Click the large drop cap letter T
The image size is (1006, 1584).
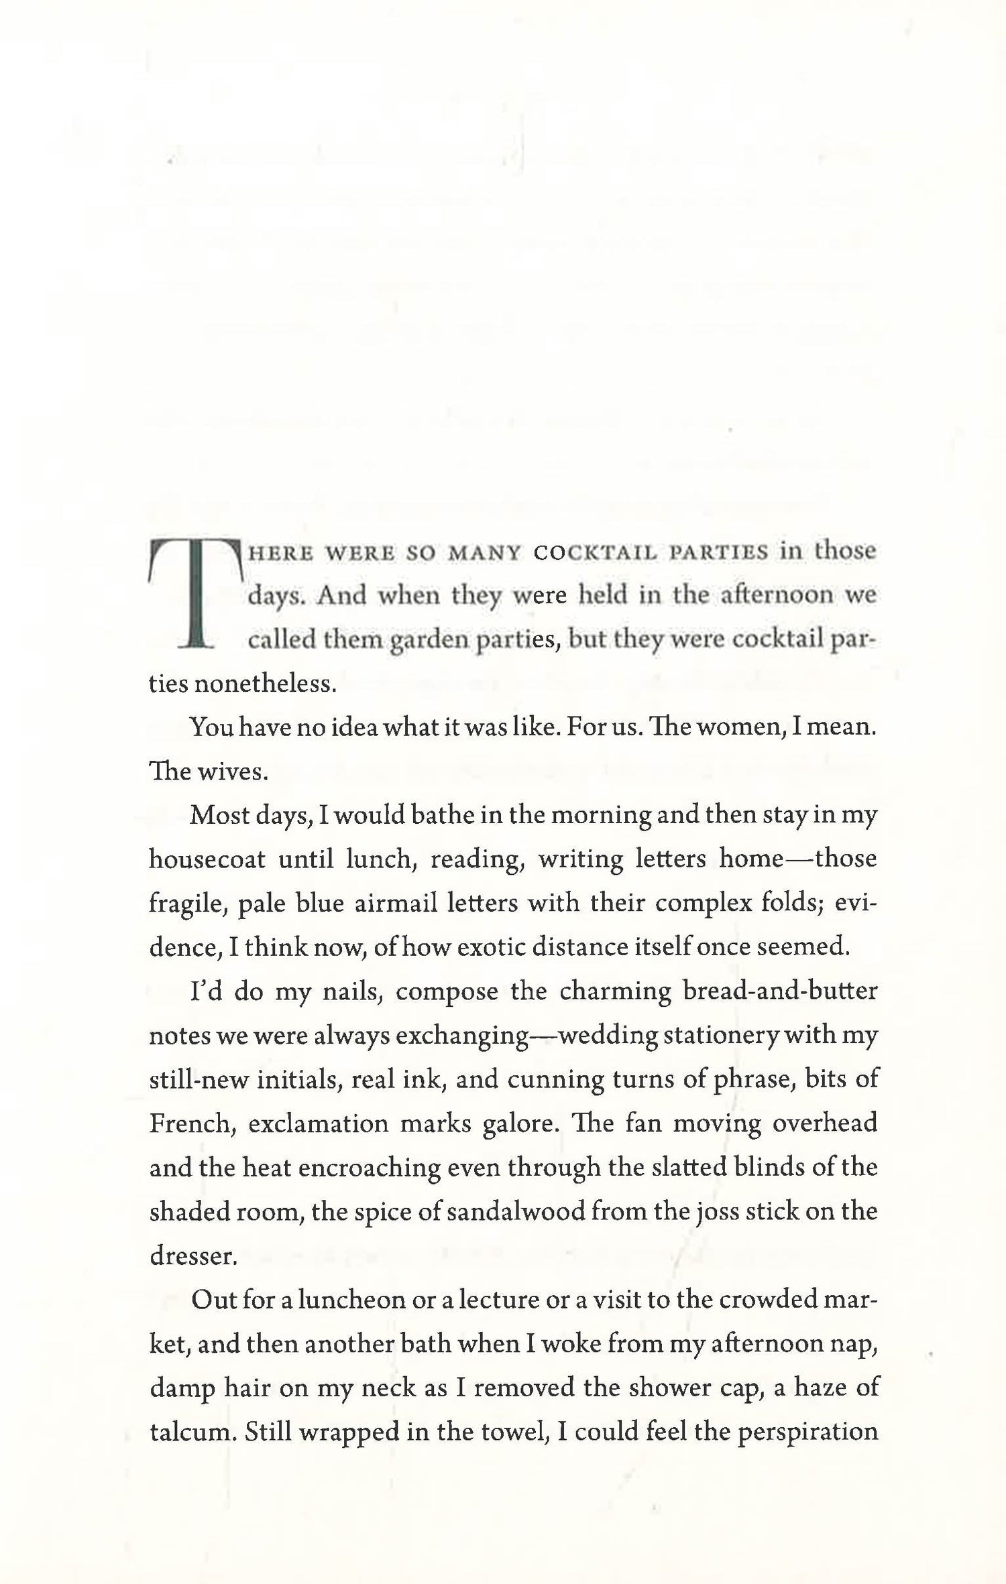194,593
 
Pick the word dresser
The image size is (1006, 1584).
192,1256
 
